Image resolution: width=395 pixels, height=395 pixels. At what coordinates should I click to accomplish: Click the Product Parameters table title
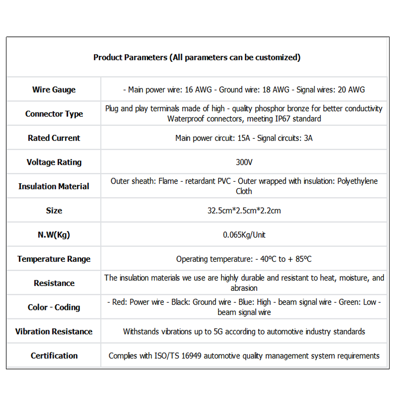point(197,57)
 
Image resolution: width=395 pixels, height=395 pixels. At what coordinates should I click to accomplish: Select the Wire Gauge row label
point(54,90)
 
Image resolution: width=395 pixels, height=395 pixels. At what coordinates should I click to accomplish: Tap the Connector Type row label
point(54,114)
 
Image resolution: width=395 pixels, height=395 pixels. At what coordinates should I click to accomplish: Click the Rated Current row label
point(54,138)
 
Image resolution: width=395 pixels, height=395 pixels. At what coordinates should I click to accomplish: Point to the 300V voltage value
point(244,162)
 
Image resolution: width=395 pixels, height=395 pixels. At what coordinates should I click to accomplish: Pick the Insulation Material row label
point(54,187)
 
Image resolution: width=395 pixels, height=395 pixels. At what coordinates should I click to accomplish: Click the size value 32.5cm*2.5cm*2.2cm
point(244,211)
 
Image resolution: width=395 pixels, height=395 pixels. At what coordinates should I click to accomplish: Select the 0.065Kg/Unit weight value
point(244,235)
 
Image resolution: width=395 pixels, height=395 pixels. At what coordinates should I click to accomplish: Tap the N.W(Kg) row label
point(54,235)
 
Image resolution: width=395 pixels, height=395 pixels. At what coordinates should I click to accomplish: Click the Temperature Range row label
point(54,259)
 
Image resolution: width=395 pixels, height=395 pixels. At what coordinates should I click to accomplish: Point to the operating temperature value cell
point(244,259)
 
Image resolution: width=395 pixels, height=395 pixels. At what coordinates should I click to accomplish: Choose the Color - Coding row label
point(54,308)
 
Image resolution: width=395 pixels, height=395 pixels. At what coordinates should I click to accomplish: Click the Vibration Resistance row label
point(54,332)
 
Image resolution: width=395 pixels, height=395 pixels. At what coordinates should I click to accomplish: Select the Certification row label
point(54,356)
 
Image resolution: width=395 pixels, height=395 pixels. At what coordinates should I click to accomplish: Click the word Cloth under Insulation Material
point(244,192)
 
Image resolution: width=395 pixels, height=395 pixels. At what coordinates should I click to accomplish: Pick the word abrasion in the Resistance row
point(244,288)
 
